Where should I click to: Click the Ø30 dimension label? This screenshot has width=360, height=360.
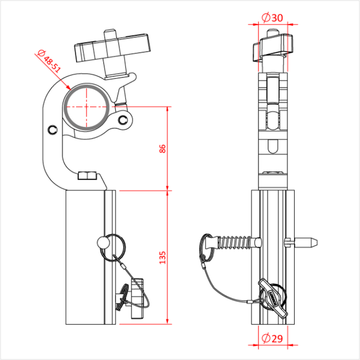272,17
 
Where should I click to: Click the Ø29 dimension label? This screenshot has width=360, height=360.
272,338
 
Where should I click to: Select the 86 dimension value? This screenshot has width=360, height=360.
163,149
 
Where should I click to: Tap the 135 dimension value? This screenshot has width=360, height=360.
163,257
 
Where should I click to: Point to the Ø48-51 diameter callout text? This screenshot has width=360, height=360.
49,61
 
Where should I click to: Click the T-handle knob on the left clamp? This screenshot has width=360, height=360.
113,48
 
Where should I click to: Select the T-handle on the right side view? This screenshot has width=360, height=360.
273,47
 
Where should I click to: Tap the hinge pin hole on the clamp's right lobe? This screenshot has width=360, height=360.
123,119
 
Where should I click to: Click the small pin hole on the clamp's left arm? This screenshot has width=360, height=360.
53,130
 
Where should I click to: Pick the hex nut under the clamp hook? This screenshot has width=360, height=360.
87,176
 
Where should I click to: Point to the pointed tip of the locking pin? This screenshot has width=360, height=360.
317,242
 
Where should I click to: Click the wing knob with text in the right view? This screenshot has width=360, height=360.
273,299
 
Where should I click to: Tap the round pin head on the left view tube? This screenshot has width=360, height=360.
103,242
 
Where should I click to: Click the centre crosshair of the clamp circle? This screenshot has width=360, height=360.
86,107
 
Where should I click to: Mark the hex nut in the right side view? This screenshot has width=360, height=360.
273,173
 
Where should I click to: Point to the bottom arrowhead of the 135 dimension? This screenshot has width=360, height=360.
167,322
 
